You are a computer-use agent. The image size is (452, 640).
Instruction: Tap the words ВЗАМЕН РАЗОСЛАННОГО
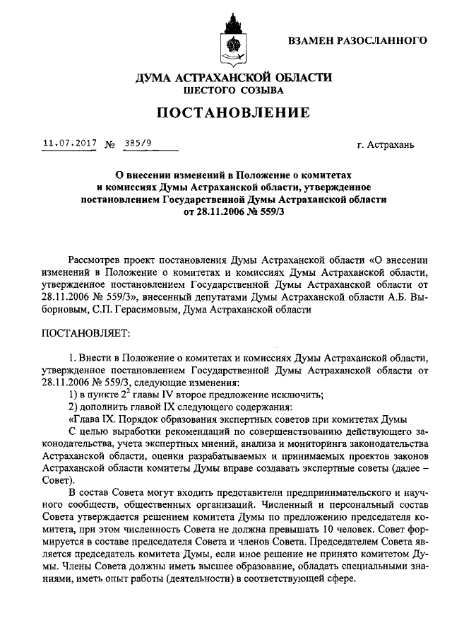coord(357,40)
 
